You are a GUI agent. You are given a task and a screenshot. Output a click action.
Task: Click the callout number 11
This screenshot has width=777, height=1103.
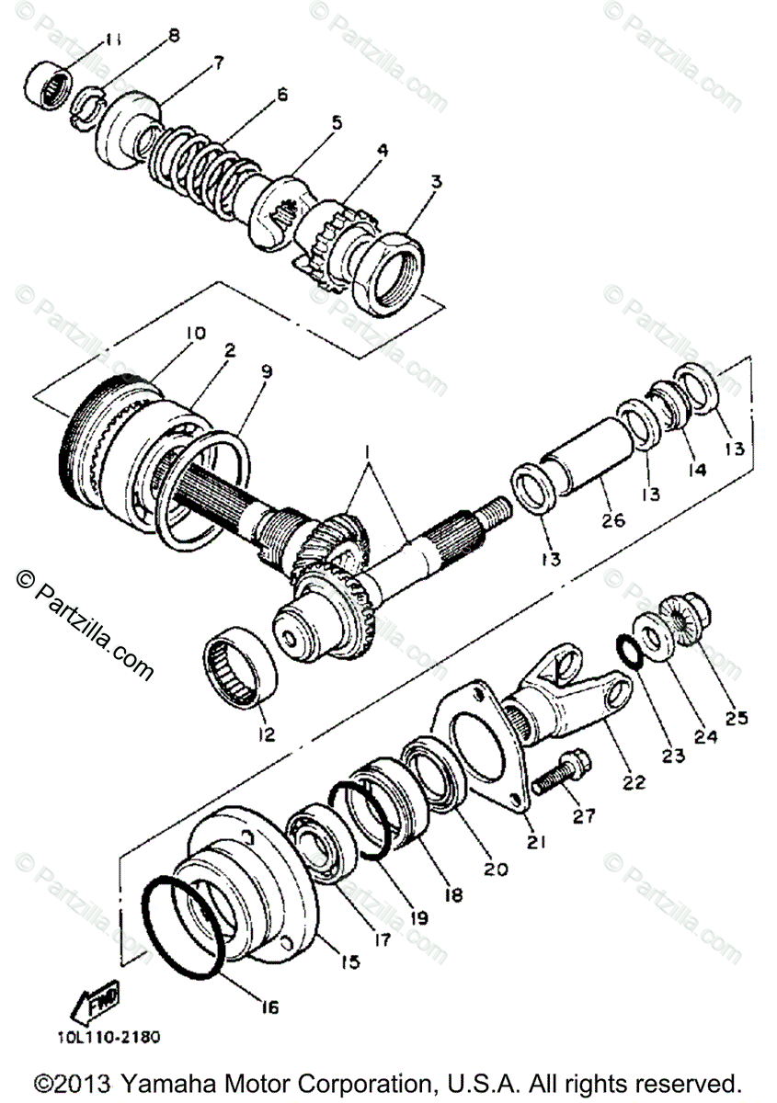pyautogui.click(x=112, y=40)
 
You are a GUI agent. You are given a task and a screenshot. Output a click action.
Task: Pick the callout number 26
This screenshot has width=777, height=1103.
pyautogui.click(x=612, y=521)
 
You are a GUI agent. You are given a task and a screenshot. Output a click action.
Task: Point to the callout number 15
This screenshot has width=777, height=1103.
pyautogui.click(x=349, y=961)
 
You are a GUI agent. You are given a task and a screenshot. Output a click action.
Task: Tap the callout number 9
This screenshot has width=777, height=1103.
pyautogui.click(x=267, y=372)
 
